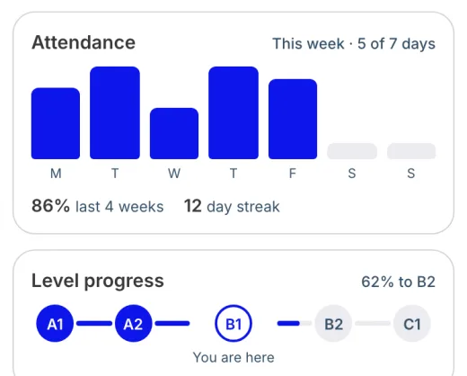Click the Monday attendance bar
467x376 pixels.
click(x=56, y=123)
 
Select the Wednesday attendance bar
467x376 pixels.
click(x=174, y=133)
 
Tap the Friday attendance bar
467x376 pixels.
click(x=293, y=119)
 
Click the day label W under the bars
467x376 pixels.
click(x=174, y=174)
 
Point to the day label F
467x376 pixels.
click(x=293, y=174)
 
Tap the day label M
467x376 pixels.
click(x=56, y=174)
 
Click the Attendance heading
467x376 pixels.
click(x=84, y=42)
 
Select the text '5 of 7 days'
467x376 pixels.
click(x=396, y=44)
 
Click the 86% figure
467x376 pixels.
click(x=50, y=206)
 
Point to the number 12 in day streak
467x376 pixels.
click(x=192, y=206)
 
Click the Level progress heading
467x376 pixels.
click(x=98, y=282)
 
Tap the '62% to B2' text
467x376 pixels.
click(x=398, y=282)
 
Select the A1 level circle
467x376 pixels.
click(x=55, y=323)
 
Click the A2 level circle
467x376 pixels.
click(x=133, y=323)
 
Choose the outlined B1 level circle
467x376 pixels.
click(x=233, y=305)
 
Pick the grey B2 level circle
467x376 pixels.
click(x=333, y=323)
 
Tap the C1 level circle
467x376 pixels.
click(x=412, y=323)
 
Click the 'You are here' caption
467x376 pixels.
click(x=233, y=357)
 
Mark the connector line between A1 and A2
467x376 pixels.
click(x=94, y=323)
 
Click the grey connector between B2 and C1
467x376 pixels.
click(x=373, y=323)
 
